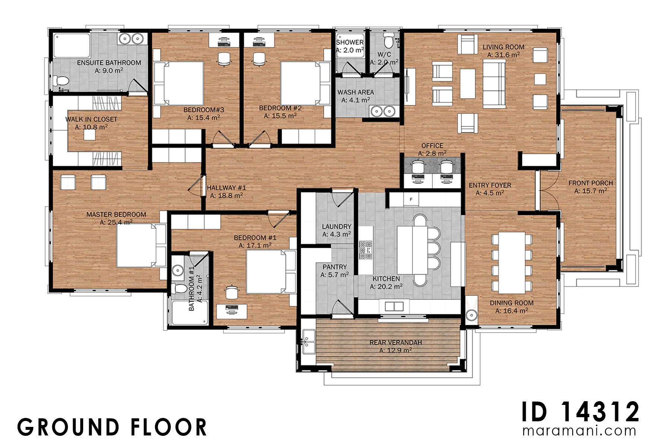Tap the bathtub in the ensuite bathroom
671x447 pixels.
[72, 46]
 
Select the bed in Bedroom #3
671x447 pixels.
[179, 83]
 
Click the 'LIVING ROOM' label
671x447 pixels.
[503, 47]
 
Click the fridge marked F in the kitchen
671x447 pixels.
[411, 199]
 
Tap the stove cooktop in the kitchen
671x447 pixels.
[365, 250]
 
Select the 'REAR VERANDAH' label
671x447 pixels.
[396, 342]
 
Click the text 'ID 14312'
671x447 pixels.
[580, 412]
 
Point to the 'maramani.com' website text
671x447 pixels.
[579, 431]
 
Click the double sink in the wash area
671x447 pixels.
[383, 111]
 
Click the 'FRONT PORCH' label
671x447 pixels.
[590, 183]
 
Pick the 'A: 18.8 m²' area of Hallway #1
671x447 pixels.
[226, 196]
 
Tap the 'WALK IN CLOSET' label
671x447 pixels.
[91, 119]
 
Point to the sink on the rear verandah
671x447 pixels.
[308, 342]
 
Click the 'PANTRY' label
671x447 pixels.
[335, 267]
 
